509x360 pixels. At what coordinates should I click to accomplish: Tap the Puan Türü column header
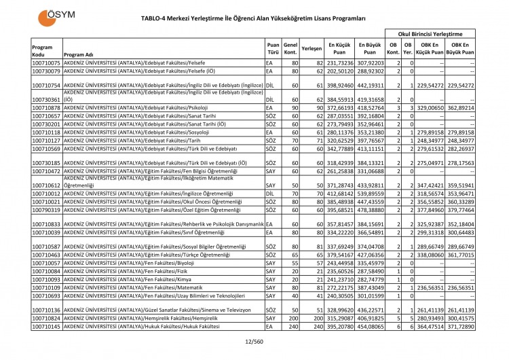pyautogui.click(x=273, y=49)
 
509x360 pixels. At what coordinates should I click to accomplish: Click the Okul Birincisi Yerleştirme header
pyautogui.click(x=430, y=33)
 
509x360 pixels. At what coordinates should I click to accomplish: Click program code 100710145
pyautogui.click(x=46, y=327)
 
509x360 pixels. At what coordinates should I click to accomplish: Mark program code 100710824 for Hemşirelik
pyautogui.click(x=46, y=318)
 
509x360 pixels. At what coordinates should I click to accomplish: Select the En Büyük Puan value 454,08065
pyautogui.click(x=369, y=327)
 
